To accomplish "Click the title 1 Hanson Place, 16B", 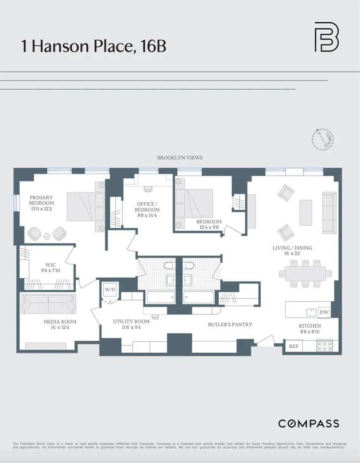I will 93,46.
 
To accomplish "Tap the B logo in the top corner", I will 326,37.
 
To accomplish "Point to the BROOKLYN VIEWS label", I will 180,158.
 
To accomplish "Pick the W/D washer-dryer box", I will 111,290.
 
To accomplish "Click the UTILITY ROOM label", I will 131,325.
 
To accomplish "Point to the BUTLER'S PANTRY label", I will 230,325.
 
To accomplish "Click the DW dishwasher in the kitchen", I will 324,313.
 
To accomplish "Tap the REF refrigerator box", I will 293,346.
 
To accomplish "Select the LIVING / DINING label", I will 292,251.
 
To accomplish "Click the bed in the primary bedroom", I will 85,206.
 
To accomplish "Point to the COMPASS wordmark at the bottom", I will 308,424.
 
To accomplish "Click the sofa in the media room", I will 48,304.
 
